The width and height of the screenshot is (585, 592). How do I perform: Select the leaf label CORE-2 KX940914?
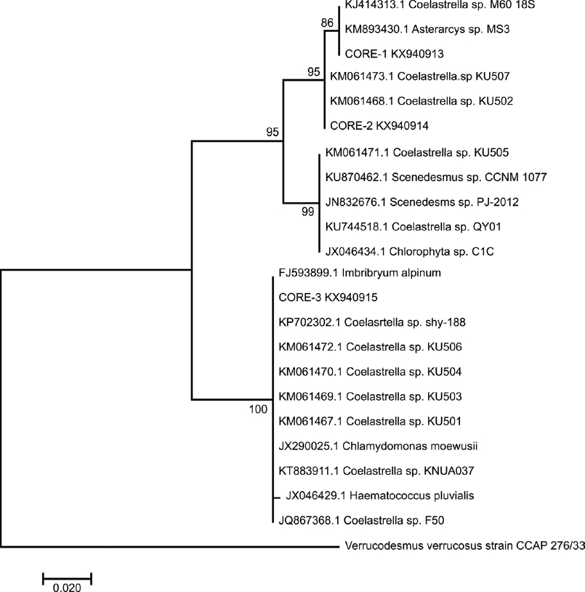tap(379, 126)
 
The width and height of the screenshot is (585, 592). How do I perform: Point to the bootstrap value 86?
tap(328, 23)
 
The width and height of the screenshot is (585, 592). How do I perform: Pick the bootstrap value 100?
tap(258, 409)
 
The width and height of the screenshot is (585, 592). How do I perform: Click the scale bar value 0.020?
tap(67, 588)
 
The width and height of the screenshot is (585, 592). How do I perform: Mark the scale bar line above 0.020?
tap(67, 578)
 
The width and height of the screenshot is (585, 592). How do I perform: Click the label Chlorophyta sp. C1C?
tap(407, 252)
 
